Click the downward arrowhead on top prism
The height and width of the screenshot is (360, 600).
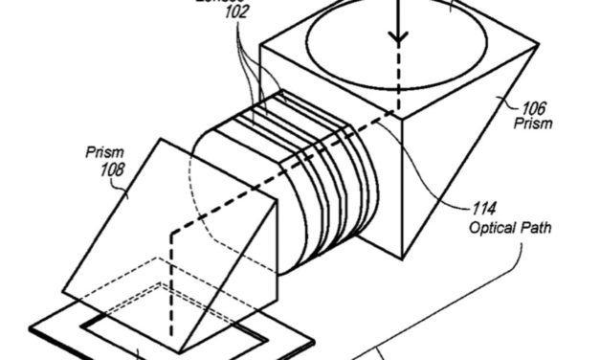[397, 40]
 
